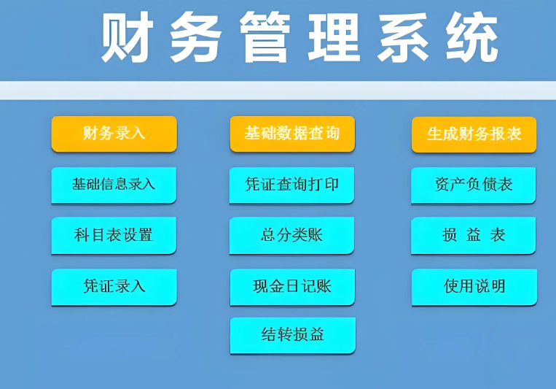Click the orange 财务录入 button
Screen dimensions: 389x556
(x=114, y=134)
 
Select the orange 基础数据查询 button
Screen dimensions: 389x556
(x=292, y=134)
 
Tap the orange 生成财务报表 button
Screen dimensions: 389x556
(x=474, y=134)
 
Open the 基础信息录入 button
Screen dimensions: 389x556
(x=114, y=185)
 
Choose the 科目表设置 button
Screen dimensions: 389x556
(x=114, y=235)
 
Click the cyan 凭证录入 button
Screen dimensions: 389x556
(x=114, y=286)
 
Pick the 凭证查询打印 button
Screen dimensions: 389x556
(x=292, y=185)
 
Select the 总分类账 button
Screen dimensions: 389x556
(x=292, y=235)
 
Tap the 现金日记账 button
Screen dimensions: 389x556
(x=292, y=286)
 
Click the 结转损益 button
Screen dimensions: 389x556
(x=293, y=335)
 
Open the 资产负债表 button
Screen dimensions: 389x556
(x=474, y=185)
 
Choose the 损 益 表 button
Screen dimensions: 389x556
(x=474, y=235)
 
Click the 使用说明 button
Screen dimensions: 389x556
(x=474, y=286)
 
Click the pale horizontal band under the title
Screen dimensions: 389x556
(x=278, y=90)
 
